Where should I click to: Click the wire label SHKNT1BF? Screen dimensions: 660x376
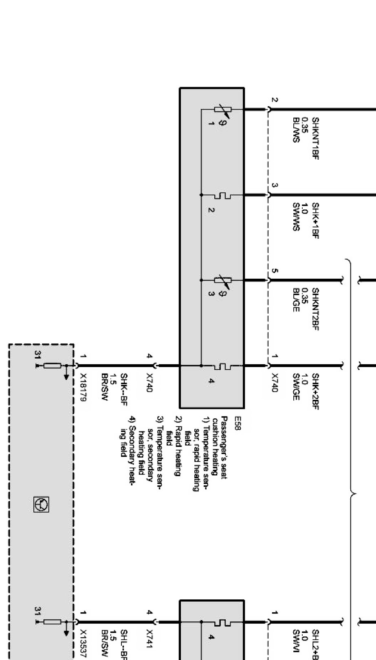click(x=315, y=138)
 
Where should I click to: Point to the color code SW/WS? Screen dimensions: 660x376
click(x=296, y=217)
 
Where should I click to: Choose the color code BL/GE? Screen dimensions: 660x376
click(x=296, y=301)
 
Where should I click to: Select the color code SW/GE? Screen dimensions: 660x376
click(x=296, y=387)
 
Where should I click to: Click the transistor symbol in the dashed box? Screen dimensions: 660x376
click(x=41, y=505)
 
